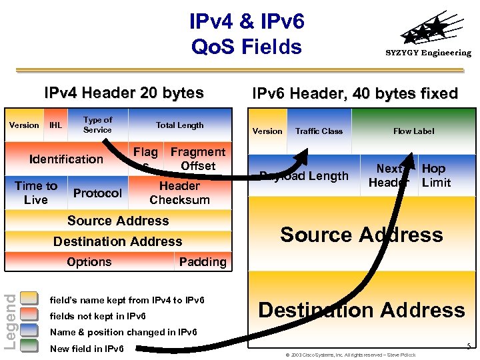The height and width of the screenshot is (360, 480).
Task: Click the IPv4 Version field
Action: tap(24, 125)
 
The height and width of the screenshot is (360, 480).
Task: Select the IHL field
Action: tap(55, 125)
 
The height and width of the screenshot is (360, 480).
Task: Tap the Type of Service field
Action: tap(97, 125)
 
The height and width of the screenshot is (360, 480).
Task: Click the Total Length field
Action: tap(179, 125)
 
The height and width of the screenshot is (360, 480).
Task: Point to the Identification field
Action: tap(66, 159)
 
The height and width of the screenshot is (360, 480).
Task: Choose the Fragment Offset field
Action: tap(197, 159)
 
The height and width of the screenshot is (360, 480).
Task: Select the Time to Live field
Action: tap(36, 193)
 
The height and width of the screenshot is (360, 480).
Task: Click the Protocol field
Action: tap(97, 193)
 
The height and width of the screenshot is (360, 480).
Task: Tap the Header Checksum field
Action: tap(179, 193)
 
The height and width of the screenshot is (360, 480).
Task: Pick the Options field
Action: tap(89, 262)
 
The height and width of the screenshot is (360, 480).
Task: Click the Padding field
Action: tap(202, 262)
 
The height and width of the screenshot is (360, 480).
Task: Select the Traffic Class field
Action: tap(319, 131)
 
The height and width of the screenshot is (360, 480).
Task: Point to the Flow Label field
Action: tap(413, 131)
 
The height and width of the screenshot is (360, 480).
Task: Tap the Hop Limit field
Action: tap(437, 175)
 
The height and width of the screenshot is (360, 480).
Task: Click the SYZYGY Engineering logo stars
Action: tap(427, 31)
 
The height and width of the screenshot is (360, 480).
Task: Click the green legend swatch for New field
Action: tap(29, 347)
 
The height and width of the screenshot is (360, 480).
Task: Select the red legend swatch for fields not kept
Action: tap(29, 315)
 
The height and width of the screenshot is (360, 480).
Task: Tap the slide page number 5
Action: tap(469, 346)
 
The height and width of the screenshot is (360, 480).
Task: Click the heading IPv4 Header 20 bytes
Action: tap(123, 93)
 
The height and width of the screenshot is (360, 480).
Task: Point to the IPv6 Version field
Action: tap(267, 131)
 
